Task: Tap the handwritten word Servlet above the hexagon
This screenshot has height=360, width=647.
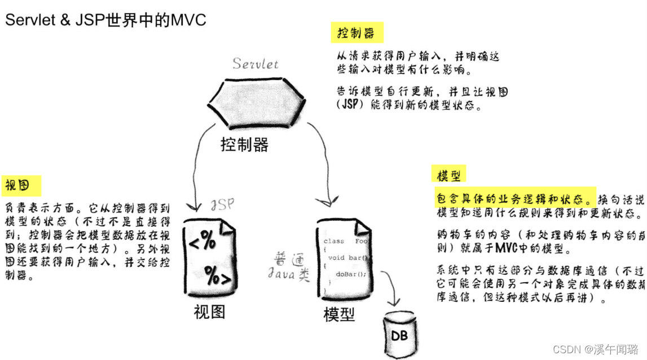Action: coord(256,63)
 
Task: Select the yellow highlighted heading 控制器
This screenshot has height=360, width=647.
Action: coord(356,33)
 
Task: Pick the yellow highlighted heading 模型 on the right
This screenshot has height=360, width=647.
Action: coord(449,175)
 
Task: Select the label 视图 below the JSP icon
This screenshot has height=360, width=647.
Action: coord(209,311)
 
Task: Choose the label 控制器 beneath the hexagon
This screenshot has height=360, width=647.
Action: coord(244,144)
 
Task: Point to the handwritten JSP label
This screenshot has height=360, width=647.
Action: coord(222,205)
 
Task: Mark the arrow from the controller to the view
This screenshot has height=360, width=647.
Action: coord(196,169)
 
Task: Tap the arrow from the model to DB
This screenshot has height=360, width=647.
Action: coord(393,291)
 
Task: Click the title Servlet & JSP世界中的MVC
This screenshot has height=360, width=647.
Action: coord(105,20)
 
